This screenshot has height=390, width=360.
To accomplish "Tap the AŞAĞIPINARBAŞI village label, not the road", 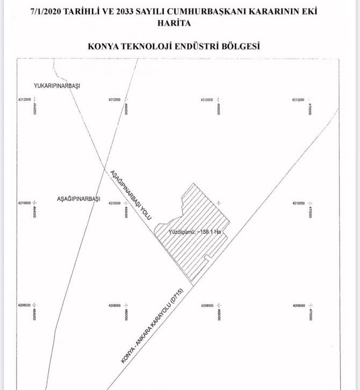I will click(79, 199).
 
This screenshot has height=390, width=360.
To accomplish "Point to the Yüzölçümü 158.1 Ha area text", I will click(195, 232).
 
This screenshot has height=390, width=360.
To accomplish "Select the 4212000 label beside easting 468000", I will click(207, 100).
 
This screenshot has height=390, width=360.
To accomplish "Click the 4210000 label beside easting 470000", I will click(299, 204).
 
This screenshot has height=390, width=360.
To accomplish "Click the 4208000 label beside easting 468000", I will click(207, 305).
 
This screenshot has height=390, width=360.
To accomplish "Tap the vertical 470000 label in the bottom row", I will click(310, 313).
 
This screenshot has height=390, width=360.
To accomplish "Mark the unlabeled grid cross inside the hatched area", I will click(219, 203).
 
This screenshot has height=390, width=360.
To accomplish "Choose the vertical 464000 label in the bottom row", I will click(34, 313).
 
